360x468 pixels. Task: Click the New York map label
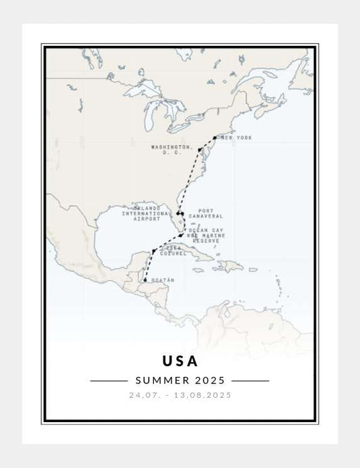pyautogui.click(x=236, y=138)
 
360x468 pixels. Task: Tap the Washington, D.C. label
pyautogui.click(x=172, y=149)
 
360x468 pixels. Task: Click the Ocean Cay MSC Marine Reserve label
pyautogui.click(x=207, y=234)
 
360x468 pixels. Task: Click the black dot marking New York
pyautogui.click(x=215, y=138)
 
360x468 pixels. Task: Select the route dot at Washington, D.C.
pyautogui.click(x=200, y=149)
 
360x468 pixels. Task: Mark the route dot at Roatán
pyautogui.click(x=145, y=280)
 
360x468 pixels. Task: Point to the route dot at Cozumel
pyautogui.click(x=155, y=251)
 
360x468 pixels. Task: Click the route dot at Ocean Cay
pyautogui.click(x=189, y=236)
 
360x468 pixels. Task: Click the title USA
pyautogui.click(x=180, y=361)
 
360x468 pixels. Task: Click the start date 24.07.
pyautogui.click(x=144, y=395)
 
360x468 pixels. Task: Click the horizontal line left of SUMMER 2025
pyautogui.click(x=108, y=380)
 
